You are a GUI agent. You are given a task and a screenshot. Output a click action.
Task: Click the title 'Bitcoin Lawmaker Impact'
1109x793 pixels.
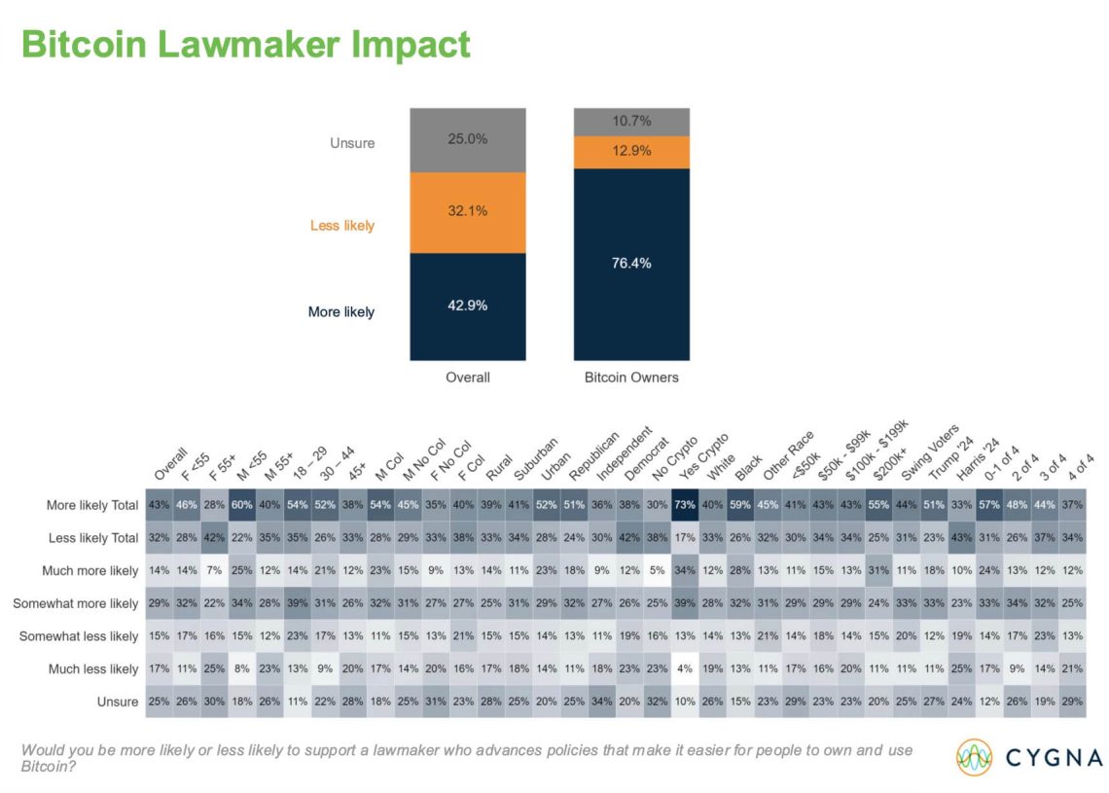coord(245,45)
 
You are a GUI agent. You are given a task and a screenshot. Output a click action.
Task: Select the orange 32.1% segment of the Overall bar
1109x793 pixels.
coord(468,212)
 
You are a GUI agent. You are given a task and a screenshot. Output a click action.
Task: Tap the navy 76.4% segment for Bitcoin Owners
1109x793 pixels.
coord(631,264)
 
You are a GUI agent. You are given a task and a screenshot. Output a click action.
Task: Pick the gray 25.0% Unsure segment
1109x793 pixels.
coord(468,140)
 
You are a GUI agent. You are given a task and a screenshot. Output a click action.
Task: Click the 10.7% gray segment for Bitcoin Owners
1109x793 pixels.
coord(631,122)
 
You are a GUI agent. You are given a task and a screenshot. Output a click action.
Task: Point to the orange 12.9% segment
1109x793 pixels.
coord(631,152)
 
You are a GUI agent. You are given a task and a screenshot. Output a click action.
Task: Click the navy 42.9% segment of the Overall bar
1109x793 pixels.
coord(468,306)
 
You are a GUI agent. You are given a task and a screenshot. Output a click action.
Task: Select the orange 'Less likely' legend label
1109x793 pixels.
coord(341,226)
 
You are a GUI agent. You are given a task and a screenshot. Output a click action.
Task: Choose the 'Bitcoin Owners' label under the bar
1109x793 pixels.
coord(630,378)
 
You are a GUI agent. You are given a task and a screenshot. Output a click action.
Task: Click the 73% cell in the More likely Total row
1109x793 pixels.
coord(685,506)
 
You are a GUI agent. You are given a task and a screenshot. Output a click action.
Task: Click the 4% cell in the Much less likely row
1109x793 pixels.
coord(685,669)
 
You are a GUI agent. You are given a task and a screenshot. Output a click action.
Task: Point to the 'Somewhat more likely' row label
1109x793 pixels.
coord(76,604)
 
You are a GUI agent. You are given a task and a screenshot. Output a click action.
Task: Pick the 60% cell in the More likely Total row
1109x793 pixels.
coord(242,506)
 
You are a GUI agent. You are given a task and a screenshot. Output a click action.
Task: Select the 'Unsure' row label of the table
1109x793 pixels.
coord(117,703)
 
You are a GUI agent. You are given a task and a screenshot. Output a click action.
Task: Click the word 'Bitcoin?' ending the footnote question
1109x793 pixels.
coord(49,767)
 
